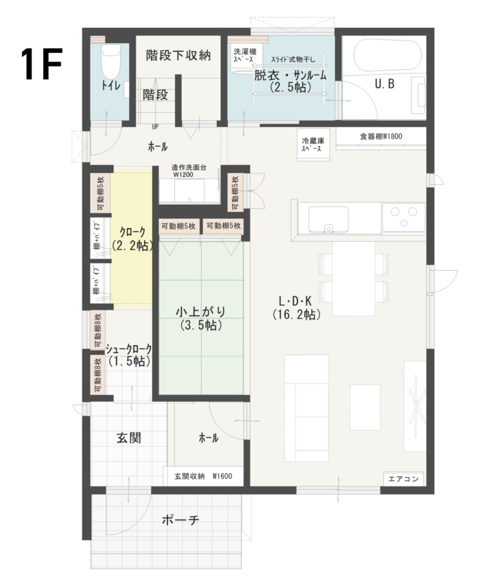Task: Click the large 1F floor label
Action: click(41, 63)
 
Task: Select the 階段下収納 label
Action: click(178, 55)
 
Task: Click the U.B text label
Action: click(384, 83)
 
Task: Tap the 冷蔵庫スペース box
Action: click(311, 145)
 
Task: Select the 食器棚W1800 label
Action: click(380, 136)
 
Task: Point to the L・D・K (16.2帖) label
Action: click(295, 306)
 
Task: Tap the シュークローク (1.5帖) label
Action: click(129, 355)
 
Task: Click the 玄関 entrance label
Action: click(127, 438)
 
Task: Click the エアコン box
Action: click(403, 479)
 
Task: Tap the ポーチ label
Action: click(180, 521)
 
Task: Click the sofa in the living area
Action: click(306, 409)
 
